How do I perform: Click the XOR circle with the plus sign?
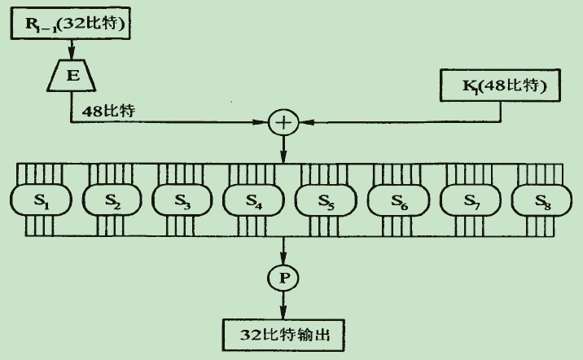pyautogui.click(x=283, y=123)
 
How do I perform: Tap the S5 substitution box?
pyautogui.click(x=325, y=200)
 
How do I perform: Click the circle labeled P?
pyautogui.click(x=283, y=278)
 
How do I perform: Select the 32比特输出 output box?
pyautogui.click(x=283, y=333)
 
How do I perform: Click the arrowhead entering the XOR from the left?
pyautogui.click(x=265, y=123)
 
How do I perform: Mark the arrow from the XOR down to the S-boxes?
pyautogui.click(x=283, y=149)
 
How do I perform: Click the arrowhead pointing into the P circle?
pyautogui.click(x=283, y=261)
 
